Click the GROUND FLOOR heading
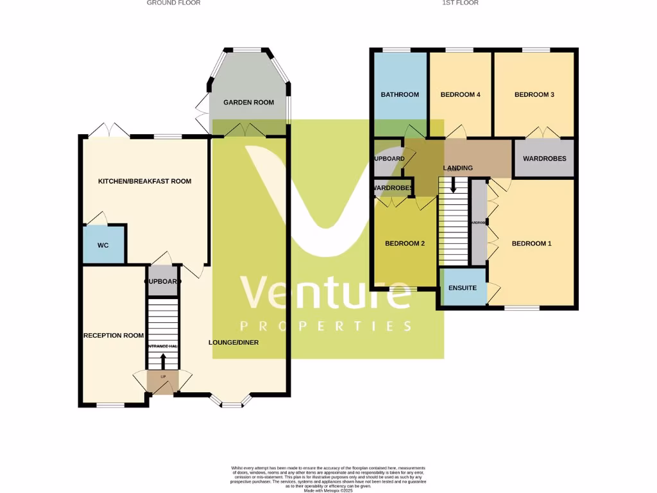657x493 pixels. point(173,3)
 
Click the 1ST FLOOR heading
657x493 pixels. point(460,3)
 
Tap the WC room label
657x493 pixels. point(103,246)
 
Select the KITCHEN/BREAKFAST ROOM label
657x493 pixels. point(144,182)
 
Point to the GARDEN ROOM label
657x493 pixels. point(248,103)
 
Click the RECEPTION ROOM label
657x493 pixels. point(113,336)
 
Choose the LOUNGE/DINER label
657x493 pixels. point(234,343)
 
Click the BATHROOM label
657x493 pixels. point(400,95)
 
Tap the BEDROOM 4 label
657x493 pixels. point(460,95)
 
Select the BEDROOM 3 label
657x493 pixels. point(534,95)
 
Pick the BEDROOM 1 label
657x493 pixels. point(531,244)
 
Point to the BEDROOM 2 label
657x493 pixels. point(405,244)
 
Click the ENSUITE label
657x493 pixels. point(462,288)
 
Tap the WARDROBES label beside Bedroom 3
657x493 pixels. point(544,159)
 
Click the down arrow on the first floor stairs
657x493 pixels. point(454,186)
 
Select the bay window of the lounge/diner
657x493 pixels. point(231,402)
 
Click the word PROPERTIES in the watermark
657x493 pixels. point(325,327)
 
